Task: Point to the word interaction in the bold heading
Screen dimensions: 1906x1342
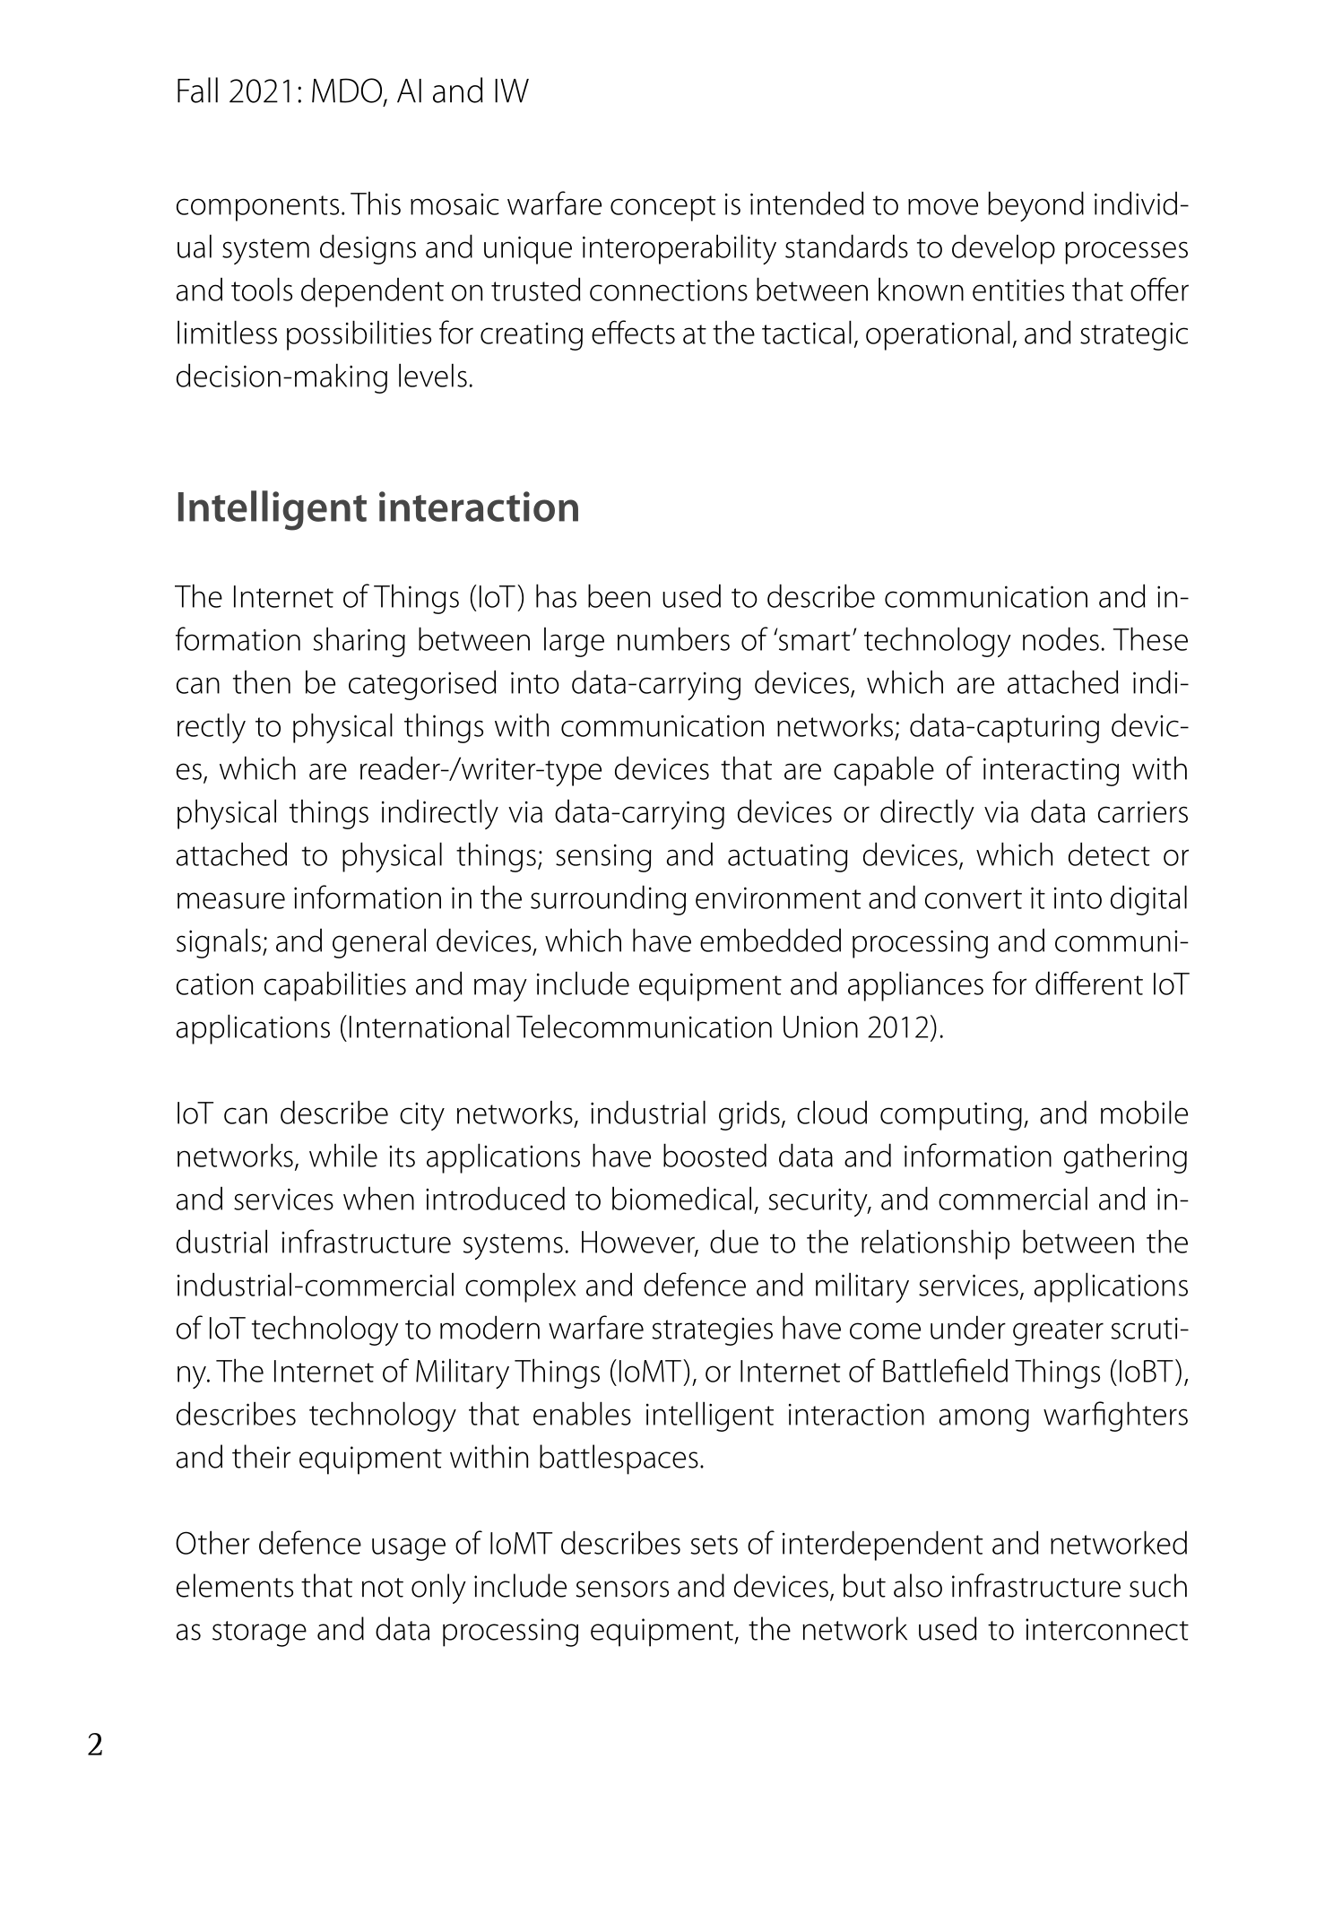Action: (478, 507)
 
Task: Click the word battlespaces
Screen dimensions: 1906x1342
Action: (620, 1459)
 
